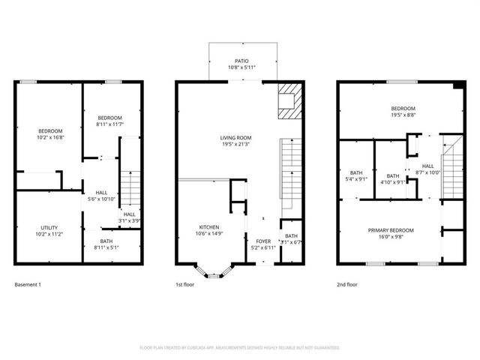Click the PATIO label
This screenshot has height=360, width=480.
[x=241, y=61]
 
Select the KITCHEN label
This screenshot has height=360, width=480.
[x=209, y=226]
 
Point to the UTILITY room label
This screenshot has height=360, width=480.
[x=49, y=228]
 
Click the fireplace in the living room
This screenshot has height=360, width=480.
[x=288, y=100]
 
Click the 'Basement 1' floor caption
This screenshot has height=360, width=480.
[x=28, y=285]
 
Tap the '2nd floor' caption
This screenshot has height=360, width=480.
[x=347, y=285]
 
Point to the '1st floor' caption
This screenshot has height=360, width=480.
[x=185, y=285]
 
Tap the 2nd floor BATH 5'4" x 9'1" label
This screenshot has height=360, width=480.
[x=355, y=175]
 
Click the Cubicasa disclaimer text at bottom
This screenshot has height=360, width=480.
[x=240, y=348]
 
